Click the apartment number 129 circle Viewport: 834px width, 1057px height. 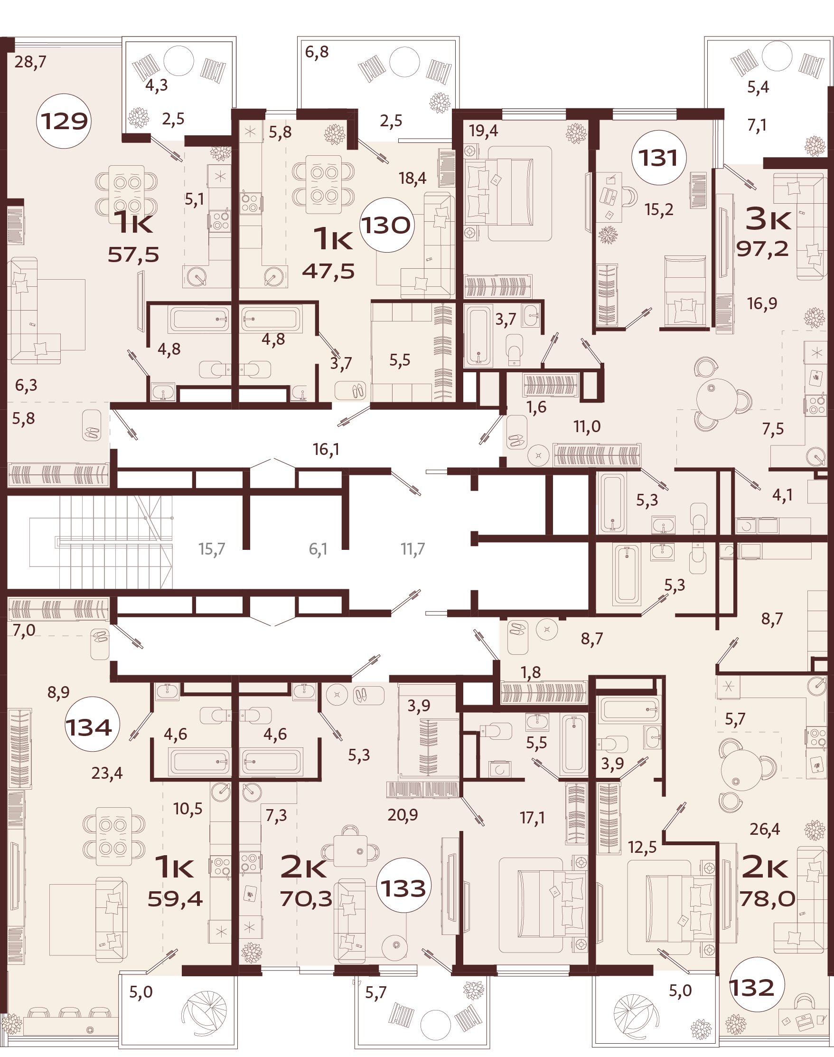pyautogui.click(x=64, y=121)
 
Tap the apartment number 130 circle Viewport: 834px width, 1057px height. pyautogui.click(x=387, y=225)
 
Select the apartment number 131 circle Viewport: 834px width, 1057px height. pyautogui.click(x=659, y=157)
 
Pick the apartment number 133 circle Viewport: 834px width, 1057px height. pyautogui.click(x=403, y=888)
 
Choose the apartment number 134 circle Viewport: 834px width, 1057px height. pyautogui.click(x=89, y=727)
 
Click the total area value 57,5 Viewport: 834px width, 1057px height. pyautogui.click(x=133, y=255)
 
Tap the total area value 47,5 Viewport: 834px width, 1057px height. pyautogui.click(x=328, y=272)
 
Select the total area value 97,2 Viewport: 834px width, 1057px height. pyautogui.click(x=762, y=249)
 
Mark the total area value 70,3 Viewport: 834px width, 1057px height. pyautogui.click(x=306, y=899)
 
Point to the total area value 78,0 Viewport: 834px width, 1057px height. pyautogui.click(x=767, y=899)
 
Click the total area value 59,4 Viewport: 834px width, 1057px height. pyautogui.click(x=175, y=899)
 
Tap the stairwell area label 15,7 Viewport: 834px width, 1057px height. pyautogui.click(x=211, y=549)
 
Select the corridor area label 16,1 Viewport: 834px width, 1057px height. pyautogui.click(x=326, y=449)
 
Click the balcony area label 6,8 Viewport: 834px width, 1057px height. pyautogui.click(x=317, y=52)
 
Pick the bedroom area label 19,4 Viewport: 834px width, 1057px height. pyautogui.click(x=483, y=131)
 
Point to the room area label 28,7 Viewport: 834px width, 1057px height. pyautogui.click(x=30, y=62)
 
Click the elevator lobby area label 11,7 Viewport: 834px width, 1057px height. pyautogui.click(x=412, y=549)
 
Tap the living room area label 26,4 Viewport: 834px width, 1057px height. pyautogui.click(x=765, y=829)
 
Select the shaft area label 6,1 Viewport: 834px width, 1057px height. pyautogui.click(x=318, y=549)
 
